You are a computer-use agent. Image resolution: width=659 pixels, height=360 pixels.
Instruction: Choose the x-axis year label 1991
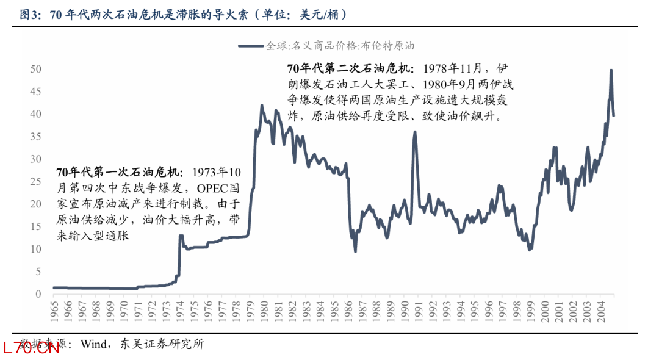click(417, 313)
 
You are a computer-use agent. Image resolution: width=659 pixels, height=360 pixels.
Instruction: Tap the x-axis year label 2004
click(600, 313)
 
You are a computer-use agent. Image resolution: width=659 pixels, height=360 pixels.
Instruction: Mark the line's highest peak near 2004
click(611, 70)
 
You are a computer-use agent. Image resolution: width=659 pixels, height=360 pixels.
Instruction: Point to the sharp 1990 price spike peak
click(415, 132)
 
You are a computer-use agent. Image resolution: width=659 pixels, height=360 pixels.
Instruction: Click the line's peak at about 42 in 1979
click(262, 106)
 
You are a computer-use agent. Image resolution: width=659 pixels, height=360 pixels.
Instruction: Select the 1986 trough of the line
click(355, 251)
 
